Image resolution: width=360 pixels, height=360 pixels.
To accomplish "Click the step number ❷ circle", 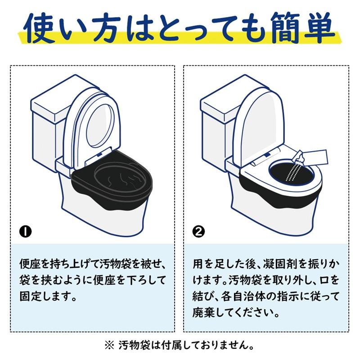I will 198,232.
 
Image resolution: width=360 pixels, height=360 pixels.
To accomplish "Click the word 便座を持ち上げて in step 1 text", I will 58,262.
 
